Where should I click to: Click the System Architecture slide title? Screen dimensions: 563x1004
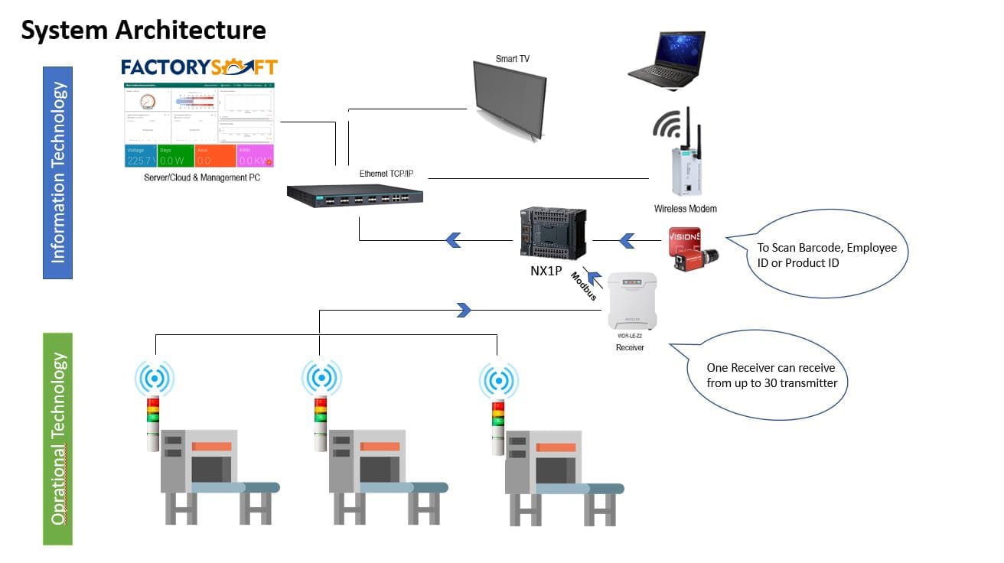143,31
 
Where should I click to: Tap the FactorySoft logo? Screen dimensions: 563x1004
199,67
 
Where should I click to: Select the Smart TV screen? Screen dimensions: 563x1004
509,98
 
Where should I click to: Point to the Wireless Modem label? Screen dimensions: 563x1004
685,208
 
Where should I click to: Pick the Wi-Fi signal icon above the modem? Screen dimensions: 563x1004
667,125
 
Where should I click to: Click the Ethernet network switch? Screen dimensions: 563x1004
355,196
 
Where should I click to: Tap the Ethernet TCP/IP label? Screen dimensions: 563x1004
386,174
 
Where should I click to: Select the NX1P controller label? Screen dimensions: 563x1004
546,269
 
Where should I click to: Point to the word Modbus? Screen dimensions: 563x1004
583,285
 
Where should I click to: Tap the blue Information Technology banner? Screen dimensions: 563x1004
57,172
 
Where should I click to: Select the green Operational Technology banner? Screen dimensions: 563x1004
57,438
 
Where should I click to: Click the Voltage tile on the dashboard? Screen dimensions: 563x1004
140,155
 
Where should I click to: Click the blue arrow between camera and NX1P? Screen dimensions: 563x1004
627,241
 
